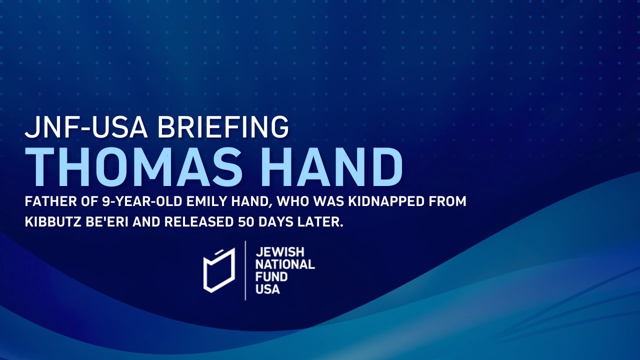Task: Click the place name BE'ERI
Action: [x=111, y=222]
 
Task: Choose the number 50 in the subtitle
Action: [x=249, y=222]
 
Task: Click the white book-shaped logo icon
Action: [x=218, y=270]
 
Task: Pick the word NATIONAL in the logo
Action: [x=285, y=264]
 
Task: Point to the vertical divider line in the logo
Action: [x=245, y=270]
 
